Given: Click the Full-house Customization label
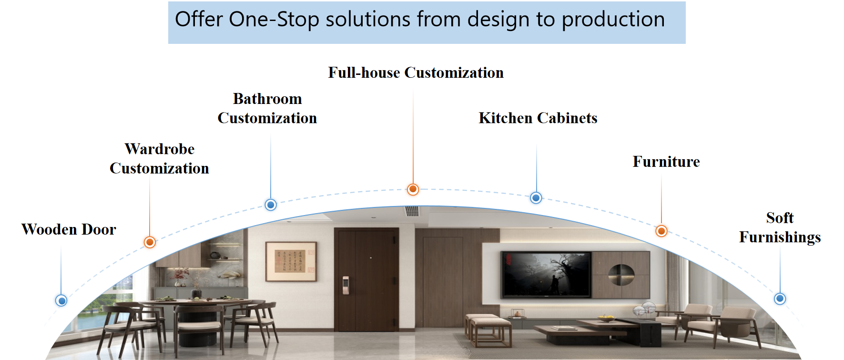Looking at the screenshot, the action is click(416, 72).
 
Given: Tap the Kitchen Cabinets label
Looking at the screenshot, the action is click(538, 118).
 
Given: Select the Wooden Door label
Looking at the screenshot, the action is click(69, 229).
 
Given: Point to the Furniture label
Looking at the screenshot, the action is click(666, 162).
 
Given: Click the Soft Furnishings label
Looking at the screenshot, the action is click(780, 227).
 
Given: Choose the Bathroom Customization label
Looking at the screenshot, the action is click(267, 108).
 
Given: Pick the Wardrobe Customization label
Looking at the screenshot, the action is click(159, 158).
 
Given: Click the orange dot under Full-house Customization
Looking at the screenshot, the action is click(413, 189).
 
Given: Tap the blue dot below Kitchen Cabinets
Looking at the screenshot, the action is click(536, 197).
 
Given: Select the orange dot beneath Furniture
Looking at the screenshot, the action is click(661, 231).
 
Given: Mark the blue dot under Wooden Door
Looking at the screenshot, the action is click(61, 300).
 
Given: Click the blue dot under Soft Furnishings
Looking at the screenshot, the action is click(780, 299).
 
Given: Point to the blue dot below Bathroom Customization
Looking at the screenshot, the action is click(271, 205).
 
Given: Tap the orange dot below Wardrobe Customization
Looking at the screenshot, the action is click(150, 242).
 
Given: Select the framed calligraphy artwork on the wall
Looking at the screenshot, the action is click(291, 261).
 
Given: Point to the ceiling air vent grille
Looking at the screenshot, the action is click(412, 211).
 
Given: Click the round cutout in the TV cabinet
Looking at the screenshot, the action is click(621, 275).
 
